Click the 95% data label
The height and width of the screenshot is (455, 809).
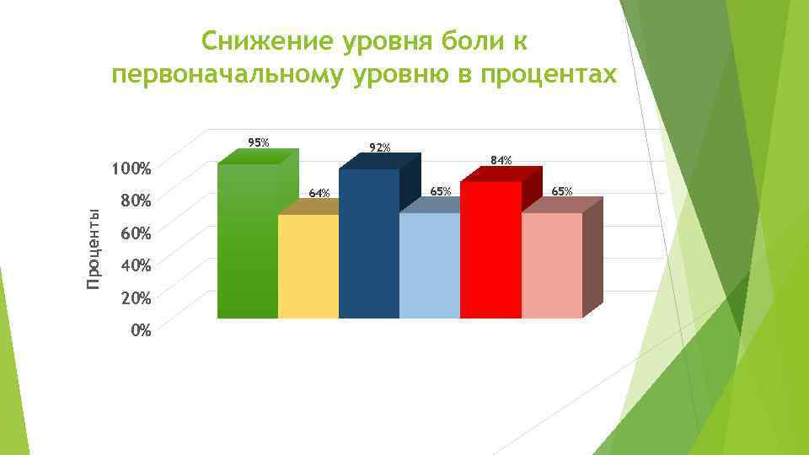258,142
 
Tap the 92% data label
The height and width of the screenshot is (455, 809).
380,148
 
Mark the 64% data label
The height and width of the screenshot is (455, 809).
319,193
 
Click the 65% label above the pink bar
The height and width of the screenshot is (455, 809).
561,192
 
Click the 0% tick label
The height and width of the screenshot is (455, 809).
141,330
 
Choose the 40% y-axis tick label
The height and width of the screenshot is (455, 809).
135,266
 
